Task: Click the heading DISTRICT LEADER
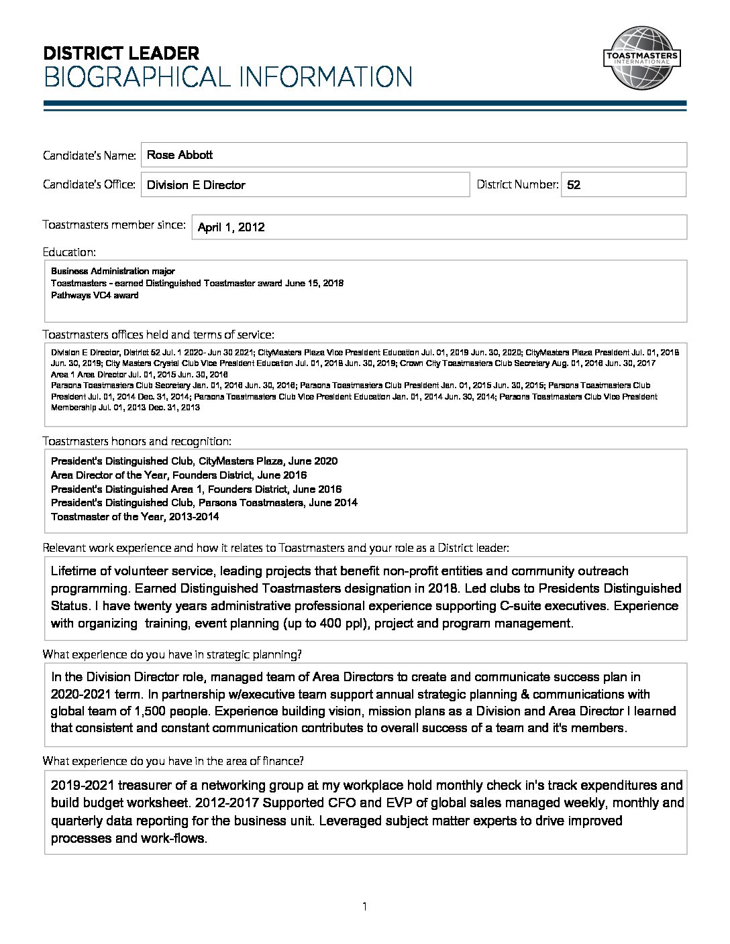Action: point(121,54)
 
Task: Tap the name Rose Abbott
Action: point(179,155)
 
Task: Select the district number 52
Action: point(574,185)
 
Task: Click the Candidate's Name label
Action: point(90,156)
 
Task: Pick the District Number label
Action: point(517,184)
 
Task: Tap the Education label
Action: point(69,252)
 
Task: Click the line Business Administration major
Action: point(113,272)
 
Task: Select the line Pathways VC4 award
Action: point(95,295)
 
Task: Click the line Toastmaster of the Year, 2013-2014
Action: point(135,516)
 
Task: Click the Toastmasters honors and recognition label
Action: point(137,441)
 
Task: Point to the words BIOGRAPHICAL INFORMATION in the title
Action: point(227,77)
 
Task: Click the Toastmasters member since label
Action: point(114,225)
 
